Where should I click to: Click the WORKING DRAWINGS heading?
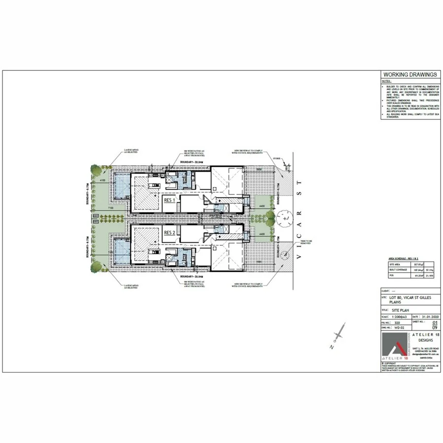point(410,75)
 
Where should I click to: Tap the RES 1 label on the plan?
point(170,201)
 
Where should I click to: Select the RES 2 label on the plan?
point(170,232)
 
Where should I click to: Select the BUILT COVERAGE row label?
point(396,270)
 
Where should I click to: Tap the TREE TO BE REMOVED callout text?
point(295,243)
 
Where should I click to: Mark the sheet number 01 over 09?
point(434,324)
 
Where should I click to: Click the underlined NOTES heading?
point(387,81)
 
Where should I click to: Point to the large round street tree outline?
point(284,217)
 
